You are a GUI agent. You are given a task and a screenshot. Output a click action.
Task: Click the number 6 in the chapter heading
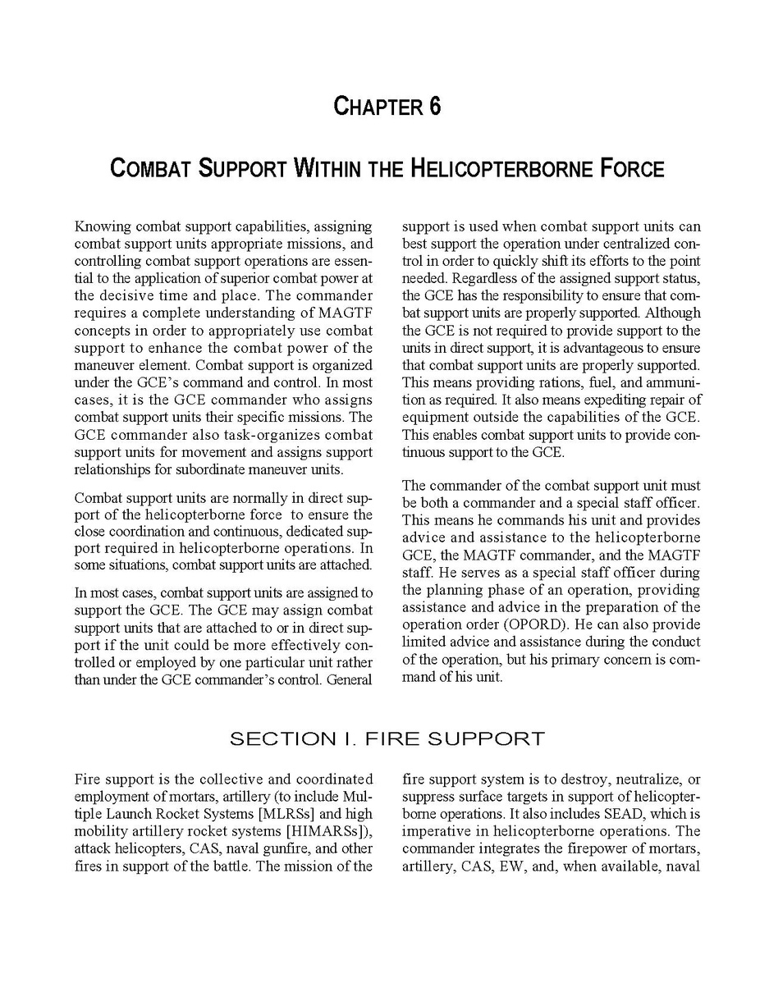(433, 107)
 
